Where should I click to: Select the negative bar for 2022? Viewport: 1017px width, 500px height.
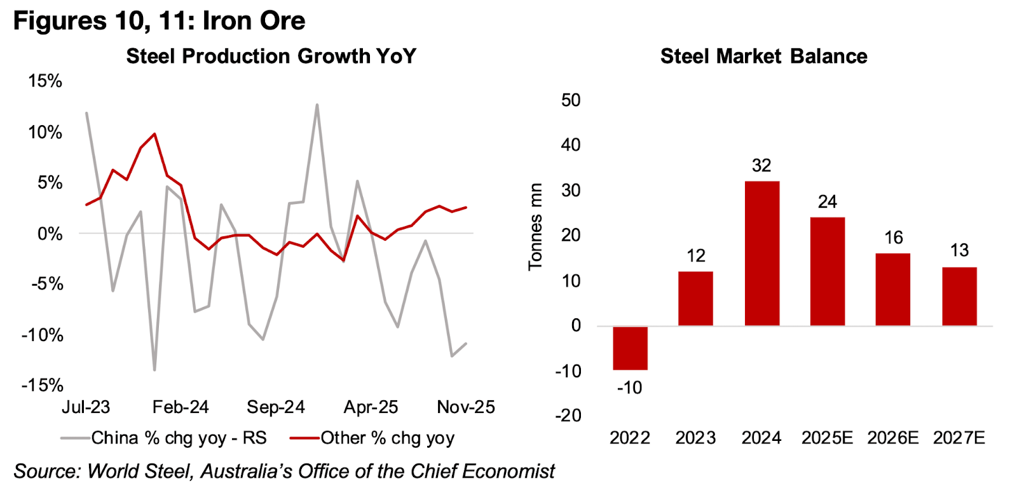point(630,348)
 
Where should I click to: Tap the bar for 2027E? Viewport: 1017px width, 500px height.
point(959,296)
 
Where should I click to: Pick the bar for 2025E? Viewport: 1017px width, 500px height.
point(827,271)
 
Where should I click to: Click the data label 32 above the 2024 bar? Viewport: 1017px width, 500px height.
point(761,166)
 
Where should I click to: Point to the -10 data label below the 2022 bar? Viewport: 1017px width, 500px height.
point(629,388)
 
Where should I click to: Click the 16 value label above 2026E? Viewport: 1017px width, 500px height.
point(893,238)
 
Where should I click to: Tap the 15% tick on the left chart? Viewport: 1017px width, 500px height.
point(45,81)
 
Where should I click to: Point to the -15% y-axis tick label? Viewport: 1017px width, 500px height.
point(43,385)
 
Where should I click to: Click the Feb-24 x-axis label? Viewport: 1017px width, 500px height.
point(181,407)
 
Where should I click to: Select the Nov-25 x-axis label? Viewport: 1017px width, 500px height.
point(466,407)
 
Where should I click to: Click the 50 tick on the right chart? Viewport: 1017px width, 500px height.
point(571,100)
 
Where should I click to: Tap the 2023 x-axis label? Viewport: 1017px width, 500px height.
point(695,438)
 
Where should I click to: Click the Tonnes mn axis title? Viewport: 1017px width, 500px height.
point(535,227)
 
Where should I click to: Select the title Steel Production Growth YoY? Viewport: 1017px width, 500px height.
point(271,56)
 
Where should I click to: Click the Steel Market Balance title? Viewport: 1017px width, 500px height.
point(763,56)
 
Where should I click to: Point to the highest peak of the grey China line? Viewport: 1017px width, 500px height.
point(317,105)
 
